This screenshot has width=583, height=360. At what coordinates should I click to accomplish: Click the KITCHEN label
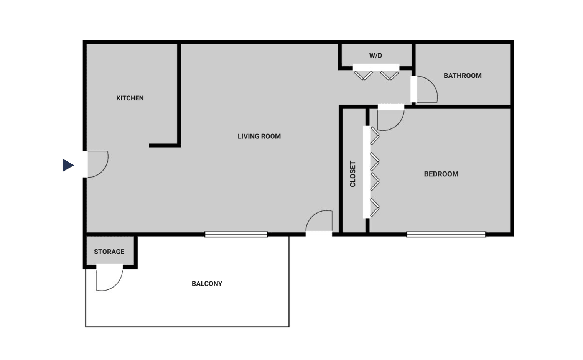click(x=130, y=98)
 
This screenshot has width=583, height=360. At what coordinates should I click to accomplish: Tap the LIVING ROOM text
click(x=259, y=136)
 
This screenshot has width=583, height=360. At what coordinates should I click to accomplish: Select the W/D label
click(x=375, y=56)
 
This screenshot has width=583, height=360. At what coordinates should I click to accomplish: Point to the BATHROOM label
click(x=462, y=76)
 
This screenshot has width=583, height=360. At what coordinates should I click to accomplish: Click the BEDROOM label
click(x=441, y=174)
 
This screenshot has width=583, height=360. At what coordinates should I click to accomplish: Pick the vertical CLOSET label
click(x=352, y=174)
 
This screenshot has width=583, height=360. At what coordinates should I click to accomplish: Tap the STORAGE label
click(x=109, y=252)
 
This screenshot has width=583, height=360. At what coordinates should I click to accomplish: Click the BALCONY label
click(x=207, y=284)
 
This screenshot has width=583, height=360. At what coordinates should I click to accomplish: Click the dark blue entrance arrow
click(x=68, y=165)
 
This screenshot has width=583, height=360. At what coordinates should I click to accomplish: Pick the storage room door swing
click(x=109, y=278)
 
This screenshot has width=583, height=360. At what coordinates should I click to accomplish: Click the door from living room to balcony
click(x=319, y=222)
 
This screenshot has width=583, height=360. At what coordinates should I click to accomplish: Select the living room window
click(x=236, y=234)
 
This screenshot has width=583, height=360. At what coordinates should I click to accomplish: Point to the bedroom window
click(x=446, y=234)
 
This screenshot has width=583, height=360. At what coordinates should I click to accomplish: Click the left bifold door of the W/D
click(x=363, y=75)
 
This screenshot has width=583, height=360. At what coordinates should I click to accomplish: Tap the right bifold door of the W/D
click(x=389, y=75)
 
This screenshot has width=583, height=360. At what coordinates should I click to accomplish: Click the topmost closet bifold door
click(x=374, y=136)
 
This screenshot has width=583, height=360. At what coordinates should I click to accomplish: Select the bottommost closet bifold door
click(x=374, y=208)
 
